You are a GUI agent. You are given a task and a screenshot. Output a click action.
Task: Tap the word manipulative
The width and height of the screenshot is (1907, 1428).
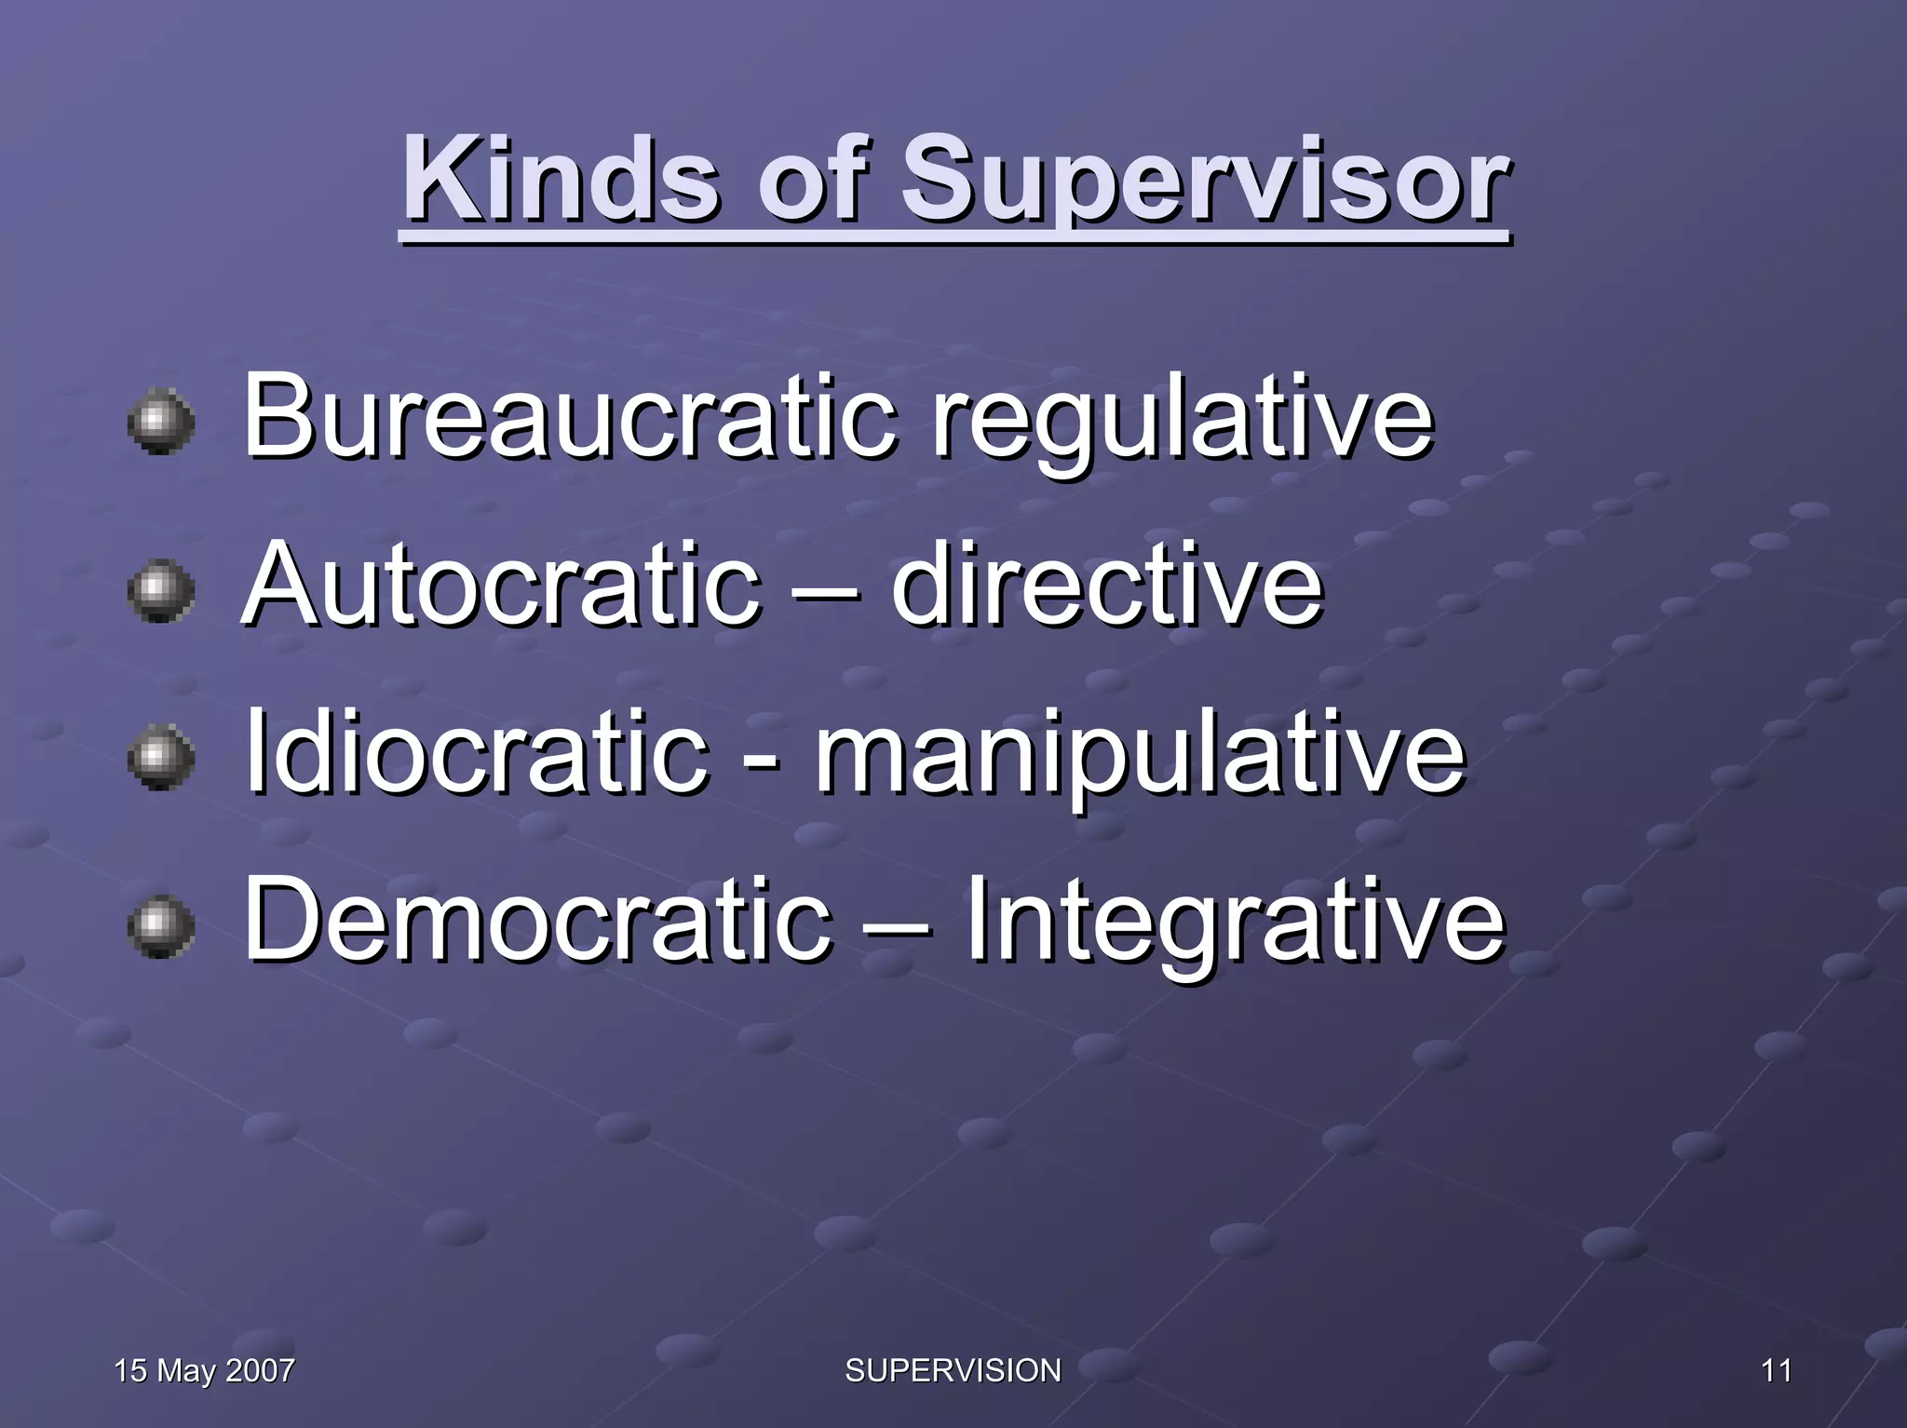point(1140,756)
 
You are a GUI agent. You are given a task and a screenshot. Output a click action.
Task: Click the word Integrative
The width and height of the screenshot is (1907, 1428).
point(1234,922)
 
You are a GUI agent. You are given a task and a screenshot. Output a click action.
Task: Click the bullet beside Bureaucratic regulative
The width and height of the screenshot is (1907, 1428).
point(161,422)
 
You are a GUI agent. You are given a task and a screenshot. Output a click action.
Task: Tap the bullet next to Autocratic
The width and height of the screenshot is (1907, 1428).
point(161,590)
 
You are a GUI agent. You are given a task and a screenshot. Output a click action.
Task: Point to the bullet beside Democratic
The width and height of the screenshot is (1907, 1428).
point(161,925)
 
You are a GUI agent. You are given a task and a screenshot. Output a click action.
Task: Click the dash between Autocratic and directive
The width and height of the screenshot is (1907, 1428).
point(824,592)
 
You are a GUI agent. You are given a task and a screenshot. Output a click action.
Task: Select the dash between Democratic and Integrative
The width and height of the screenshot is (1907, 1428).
point(896,927)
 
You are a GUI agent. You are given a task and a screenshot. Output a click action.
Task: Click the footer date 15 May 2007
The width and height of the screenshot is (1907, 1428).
point(204,1370)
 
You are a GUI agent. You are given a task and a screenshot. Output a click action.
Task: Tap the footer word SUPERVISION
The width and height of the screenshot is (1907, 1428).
point(953,1370)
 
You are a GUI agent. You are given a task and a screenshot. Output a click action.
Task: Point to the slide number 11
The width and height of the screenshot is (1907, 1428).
point(1777,1370)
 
